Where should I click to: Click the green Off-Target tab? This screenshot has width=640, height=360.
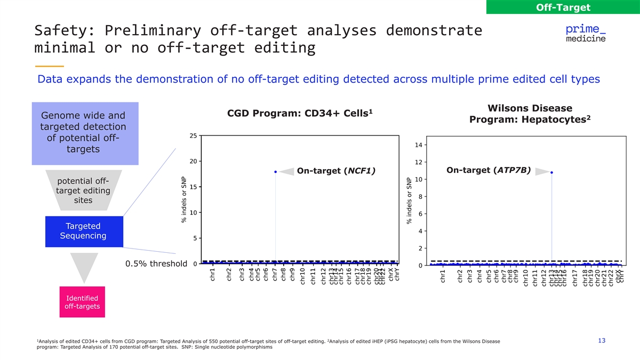pos(563,7)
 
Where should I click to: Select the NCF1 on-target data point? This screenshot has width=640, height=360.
pos(275,172)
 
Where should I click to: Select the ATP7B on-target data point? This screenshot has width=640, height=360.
pos(551,172)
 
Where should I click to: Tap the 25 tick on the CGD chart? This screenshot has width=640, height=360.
pos(193,135)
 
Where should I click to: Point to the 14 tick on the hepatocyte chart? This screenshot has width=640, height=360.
pos(419,145)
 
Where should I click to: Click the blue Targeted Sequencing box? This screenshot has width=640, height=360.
pos(84,231)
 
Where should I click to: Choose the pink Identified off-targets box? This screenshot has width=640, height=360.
pos(82,302)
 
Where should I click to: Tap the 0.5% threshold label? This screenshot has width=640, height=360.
pos(156,263)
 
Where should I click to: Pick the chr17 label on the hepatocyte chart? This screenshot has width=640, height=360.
pos(574,278)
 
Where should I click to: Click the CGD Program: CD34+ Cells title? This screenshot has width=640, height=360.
pos(300,114)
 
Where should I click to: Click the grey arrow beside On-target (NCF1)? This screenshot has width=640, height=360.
pos(287,171)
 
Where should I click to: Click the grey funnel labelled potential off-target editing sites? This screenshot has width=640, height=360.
pos(84,190)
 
